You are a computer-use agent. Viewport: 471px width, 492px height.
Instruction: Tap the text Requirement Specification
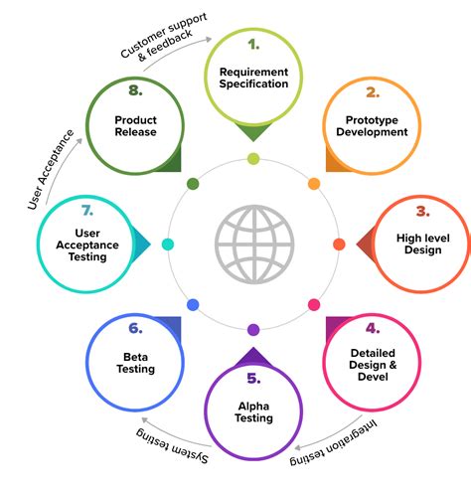coord(253,77)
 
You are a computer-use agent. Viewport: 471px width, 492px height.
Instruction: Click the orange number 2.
coord(373,92)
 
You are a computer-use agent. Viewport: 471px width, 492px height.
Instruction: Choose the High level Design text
coord(422,244)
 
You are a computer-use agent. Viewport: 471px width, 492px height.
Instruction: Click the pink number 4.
coord(372,327)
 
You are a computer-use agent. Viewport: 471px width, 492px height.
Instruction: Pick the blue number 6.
coord(136,327)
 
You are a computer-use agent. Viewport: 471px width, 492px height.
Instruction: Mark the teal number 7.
coord(87,211)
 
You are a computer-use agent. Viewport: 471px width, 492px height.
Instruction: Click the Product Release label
coord(135,124)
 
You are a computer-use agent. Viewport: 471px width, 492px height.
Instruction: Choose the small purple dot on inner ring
coord(253,330)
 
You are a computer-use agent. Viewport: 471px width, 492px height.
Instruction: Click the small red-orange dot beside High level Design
coord(339,244)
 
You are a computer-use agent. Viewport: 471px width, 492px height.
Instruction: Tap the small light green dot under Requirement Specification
coord(253,158)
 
